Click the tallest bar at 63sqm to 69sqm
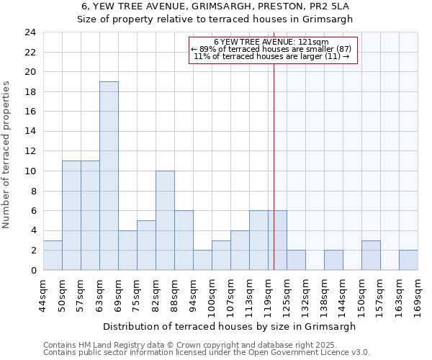pos(109,176)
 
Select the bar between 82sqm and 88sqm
pos(165,220)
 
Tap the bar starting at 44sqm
pos(53,255)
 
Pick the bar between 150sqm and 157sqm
pos(371,255)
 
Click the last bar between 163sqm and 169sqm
pos(408,260)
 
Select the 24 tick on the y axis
pos(30,32)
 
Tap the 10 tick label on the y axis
pos(30,171)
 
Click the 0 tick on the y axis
pos(33,270)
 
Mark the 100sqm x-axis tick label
pos(212,295)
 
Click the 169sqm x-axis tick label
pos(418,295)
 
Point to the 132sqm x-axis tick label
pos(305,295)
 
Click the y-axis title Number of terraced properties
pos(7,154)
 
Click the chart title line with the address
pos(215,6)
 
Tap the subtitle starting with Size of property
pos(215,19)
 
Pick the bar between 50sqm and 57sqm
pos(71,215)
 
